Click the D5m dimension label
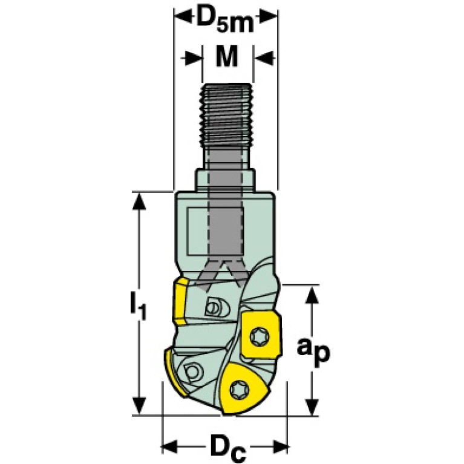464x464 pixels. pos(225,20)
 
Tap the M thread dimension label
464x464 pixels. pos(227,56)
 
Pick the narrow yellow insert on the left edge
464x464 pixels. pos(181,301)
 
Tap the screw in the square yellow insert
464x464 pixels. pos(260,336)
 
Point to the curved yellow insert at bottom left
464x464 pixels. pos(175,373)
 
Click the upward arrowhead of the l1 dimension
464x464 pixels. pos(138,202)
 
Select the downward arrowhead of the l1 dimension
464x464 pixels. pos(138,406)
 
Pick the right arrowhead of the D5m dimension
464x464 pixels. pos(269,16)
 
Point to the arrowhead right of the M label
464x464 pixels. pos(264,56)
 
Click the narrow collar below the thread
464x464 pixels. pos(225,180)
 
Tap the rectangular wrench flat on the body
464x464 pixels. pos(215,232)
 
